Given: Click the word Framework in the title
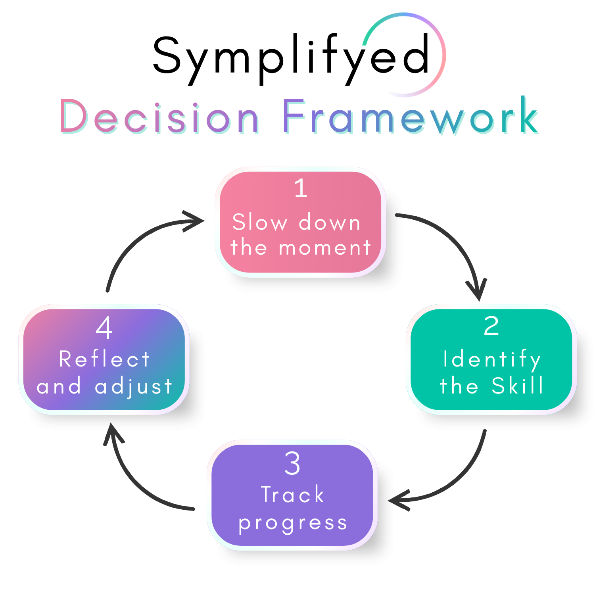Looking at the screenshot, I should [411, 118].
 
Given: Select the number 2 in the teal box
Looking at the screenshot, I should [491, 326].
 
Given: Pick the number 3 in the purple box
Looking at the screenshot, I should [292, 463].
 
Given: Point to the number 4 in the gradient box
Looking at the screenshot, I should [104, 328].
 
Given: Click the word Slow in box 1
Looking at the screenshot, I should [260, 222].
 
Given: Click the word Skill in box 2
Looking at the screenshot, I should [517, 386].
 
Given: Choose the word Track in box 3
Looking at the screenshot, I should [293, 495].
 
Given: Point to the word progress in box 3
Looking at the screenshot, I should [293, 523].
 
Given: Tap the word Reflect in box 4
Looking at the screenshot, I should [104, 359].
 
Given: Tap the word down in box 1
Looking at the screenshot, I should [329, 222].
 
